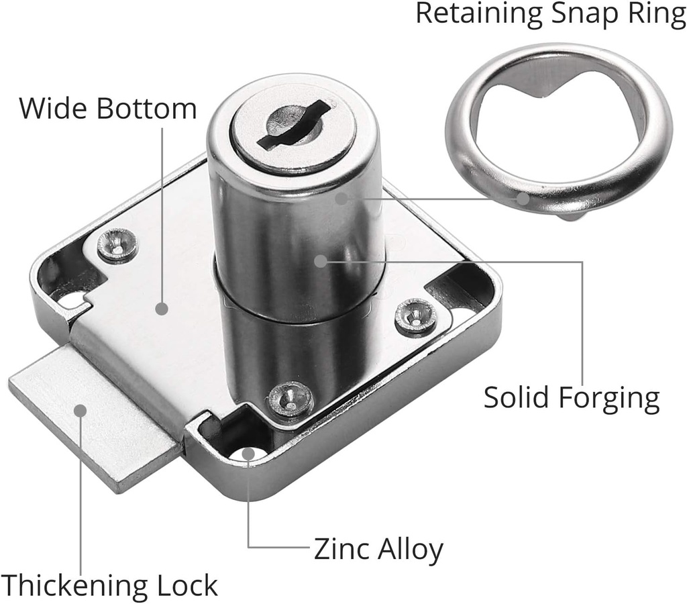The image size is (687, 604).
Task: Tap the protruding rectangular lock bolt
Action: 94,419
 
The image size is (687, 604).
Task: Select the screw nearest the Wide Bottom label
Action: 117,246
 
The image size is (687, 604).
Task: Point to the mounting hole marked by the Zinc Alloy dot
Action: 248,454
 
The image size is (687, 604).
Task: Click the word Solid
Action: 517,397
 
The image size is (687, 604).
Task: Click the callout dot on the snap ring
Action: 524,198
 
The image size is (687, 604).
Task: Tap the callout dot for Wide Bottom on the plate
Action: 161,309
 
